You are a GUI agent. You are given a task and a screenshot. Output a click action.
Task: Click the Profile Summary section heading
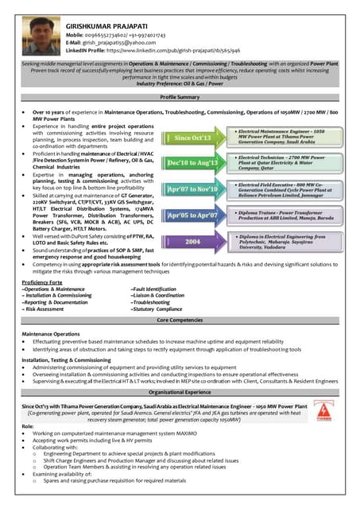[x=180, y=95]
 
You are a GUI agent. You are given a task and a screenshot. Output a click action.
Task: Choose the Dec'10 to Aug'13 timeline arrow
[x=191, y=162]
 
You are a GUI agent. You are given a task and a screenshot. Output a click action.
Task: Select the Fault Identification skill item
[x=154, y=289]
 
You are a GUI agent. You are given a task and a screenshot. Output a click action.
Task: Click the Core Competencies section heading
[x=180, y=319]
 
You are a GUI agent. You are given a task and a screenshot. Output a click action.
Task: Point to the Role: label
[x=28, y=426]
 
